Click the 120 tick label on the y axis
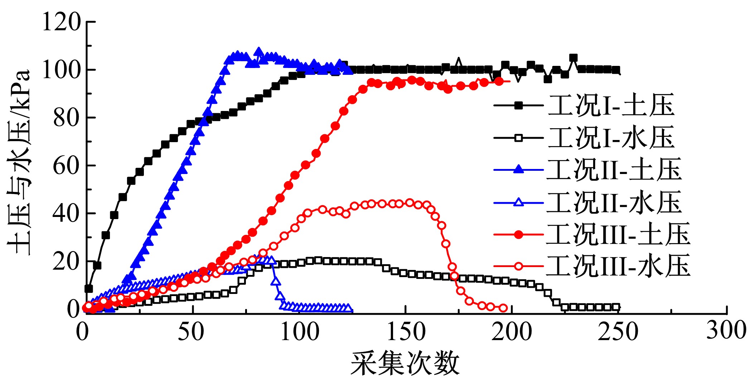(62, 22)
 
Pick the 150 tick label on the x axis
(406, 332)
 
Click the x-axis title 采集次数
(405, 363)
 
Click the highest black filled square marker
(573, 58)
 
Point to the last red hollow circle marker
(503, 308)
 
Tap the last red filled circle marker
(499, 82)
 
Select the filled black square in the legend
(518, 106)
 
